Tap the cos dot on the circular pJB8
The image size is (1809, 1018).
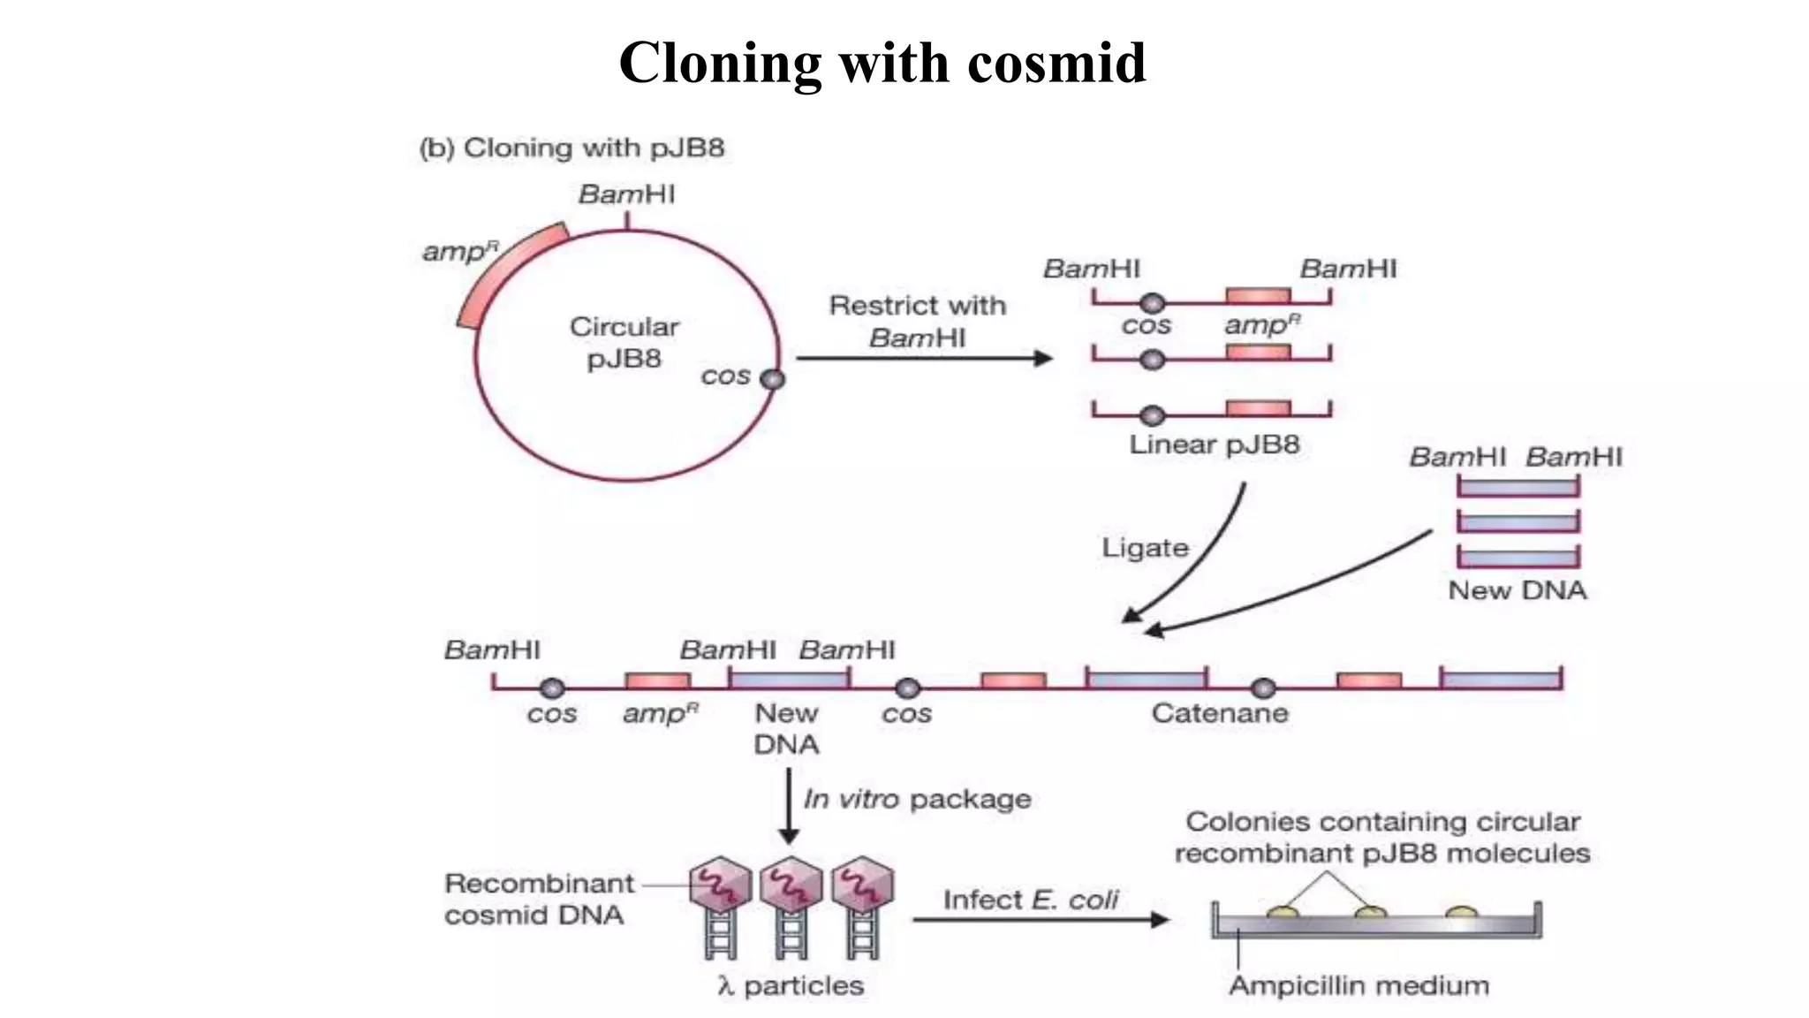point(772,379)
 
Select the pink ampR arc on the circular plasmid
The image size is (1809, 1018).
point(503,269)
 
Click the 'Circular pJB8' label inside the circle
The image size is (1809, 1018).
point(624,342)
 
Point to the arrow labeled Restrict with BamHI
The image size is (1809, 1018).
point(923,358)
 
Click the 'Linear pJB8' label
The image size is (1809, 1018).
point(1214,444)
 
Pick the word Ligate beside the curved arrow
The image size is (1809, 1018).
point(1145,548)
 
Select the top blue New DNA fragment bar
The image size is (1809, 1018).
point(1518,487)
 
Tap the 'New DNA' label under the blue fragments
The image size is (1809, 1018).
point(1517,590)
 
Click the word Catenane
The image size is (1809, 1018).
point(1219,713)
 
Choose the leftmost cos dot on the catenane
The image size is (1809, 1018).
point(552,688)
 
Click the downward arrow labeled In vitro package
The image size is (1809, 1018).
point(789,804)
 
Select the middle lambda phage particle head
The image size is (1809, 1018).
point(791,884)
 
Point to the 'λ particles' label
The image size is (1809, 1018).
point(791,986)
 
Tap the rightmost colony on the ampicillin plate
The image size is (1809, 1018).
point(1461,912)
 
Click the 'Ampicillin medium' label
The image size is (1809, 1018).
point(1359,986)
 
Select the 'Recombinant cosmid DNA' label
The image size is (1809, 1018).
point(538,899)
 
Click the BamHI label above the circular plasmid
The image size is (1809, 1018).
point(626,194)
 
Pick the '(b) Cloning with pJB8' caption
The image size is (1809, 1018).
point(571,148)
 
